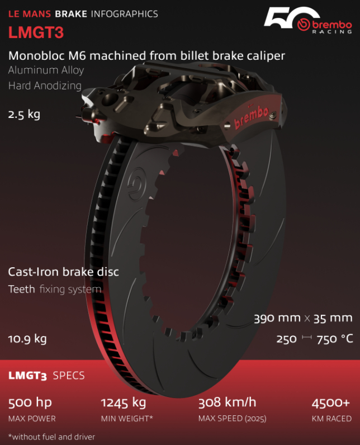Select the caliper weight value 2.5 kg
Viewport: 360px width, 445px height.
click(24, 115)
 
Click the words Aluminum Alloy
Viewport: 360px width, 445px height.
click(46, 70)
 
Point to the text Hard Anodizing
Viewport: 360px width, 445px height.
click(45, 86)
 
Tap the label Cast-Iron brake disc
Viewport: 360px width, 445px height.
click(63, 272)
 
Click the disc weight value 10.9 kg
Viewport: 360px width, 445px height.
click(27, 339)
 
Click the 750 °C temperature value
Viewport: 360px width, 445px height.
click(334, 339)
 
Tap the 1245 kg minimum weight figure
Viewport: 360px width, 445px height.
click(123, 403)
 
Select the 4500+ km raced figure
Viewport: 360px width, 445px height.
click(330, 403)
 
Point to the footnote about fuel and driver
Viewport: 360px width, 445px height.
click(51, 437)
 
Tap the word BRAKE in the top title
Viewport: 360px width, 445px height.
click(70, 14)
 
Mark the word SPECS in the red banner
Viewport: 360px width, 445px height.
click(69, 375)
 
